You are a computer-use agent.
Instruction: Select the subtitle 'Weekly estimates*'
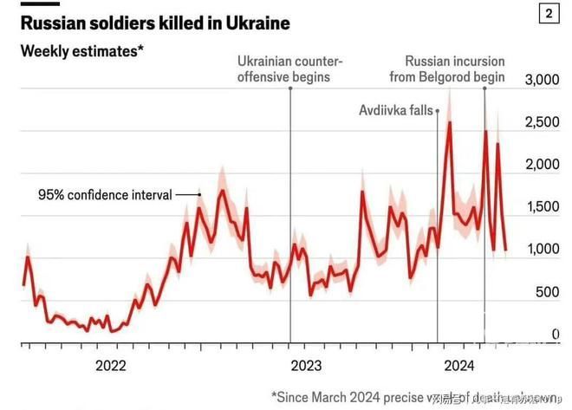[81, 50]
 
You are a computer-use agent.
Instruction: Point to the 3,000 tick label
[543, 81]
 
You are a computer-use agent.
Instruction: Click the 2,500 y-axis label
[543, 123]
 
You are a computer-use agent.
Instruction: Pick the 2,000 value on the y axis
[543, 166]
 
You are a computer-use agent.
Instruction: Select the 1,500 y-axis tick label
[543, 207]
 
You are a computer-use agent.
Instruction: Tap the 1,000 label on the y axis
[543, 250]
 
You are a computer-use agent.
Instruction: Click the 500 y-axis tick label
[549, 292]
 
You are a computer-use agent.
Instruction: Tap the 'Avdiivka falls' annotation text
[396, 110]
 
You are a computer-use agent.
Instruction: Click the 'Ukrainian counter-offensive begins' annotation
[290, 68]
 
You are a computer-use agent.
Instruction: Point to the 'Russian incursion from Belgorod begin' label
[455, 68]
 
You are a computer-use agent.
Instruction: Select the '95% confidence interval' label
[105, 194]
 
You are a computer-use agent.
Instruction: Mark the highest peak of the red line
[449, 122]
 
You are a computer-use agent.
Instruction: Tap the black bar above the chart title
[40, 3]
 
